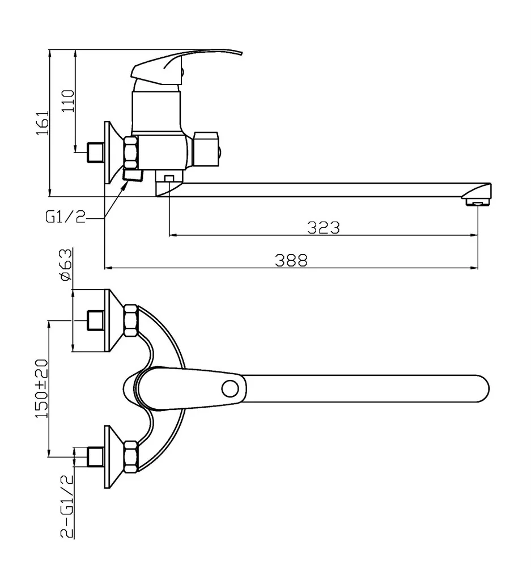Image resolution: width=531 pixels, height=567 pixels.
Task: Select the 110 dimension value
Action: [x=68, y=101]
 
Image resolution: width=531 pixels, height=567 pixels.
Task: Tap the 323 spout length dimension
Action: [x=323, y=227]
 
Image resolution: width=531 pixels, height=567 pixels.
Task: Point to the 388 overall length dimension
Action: [x=291, y=260]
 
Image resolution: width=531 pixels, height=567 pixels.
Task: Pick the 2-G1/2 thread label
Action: [x=67, y=506]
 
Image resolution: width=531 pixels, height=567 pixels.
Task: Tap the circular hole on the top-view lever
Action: [x=230, y=388]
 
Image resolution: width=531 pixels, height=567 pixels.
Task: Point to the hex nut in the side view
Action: [x=131, y=153]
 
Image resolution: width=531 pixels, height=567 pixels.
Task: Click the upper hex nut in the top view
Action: [x=130, y=321]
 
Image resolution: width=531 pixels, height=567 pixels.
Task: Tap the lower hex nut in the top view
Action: [x=130, y=456]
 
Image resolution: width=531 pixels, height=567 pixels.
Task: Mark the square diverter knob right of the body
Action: [x=206, y=149]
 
